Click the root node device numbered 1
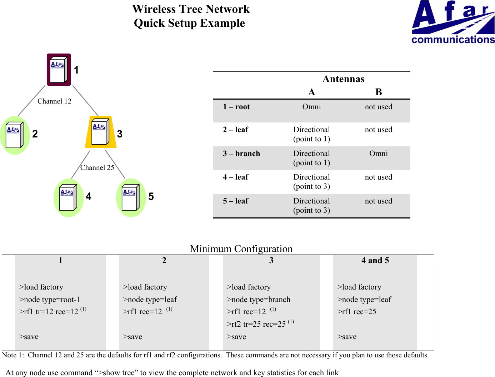[x=59, y=70]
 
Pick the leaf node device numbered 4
[x=69, y=197]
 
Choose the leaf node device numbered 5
[x=131, y=197]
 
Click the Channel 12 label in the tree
[x=54, y=101]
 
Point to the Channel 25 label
[x=97, y=168]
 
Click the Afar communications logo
[x=453, y=22]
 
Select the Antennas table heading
[x=343, y=79]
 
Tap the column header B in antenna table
[x=379, y=92]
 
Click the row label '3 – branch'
[x=241, y=154]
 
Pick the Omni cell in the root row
[x=311, y=107]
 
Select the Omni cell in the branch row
[x=379, y=154]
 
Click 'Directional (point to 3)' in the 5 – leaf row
[x=311, y=206]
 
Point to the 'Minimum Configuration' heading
[x=241, y=248]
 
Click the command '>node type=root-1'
[x=50, y=300]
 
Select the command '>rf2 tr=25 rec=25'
[x=256, y=324]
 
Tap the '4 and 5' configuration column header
[x=375, y=261]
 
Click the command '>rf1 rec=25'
[x=356, y=312]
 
